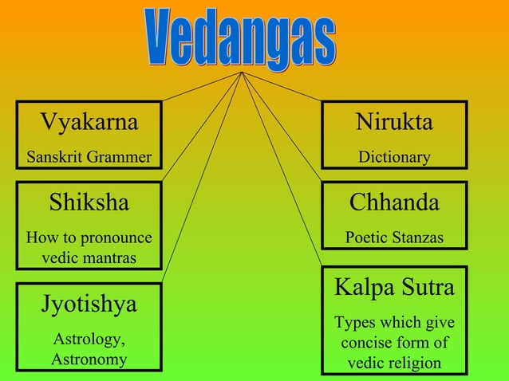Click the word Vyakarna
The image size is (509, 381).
89,122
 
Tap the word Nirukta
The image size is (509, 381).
394,122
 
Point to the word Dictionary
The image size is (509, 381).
394,157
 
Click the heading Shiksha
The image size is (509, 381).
89,202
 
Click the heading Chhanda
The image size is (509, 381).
394,202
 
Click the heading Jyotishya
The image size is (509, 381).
89,304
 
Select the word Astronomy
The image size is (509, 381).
89,359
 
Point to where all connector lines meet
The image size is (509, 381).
242,73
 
